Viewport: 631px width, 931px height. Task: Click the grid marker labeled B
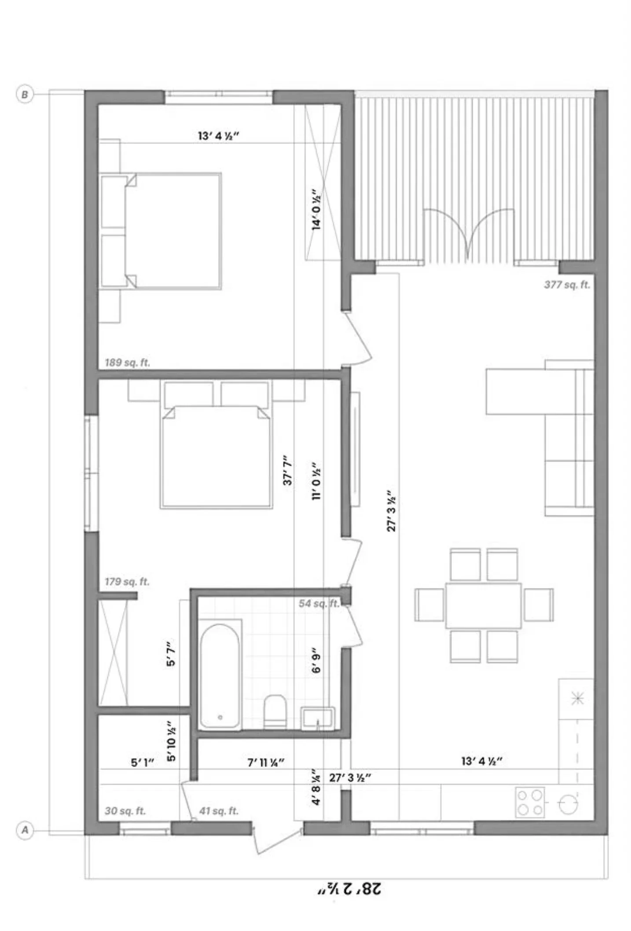point(25,94)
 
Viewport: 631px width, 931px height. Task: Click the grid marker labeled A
point(25,830)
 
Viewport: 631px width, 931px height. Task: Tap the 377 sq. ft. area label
point(567,285)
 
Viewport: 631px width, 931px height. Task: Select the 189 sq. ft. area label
point(127,363)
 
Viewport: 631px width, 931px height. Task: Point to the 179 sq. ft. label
point(127,582)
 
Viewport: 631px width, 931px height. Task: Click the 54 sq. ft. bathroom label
point(319,603)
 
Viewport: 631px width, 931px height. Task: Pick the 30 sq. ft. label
point(125,811)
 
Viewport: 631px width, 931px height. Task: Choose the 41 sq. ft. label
point(219,811)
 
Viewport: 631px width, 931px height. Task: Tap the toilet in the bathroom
point(275,711)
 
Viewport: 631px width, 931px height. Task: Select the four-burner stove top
point(530,803)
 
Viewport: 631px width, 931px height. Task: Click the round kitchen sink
point(568,805)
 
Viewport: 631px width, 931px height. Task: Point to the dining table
point(483,605)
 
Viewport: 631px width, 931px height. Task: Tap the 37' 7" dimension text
point(287,470)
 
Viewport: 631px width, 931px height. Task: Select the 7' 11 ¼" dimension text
point(265,762)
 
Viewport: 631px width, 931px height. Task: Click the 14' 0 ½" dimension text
point(316,210)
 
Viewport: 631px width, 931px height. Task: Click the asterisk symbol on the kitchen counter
point(577,698)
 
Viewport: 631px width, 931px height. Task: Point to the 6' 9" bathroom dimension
point(316,660)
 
